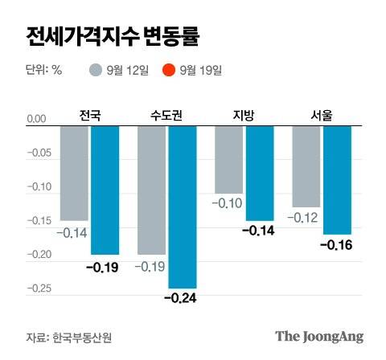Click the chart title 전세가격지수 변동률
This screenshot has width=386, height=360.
coord(112,37)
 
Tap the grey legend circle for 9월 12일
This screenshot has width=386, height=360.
coord(96,70)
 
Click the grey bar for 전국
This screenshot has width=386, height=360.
coord(74,173)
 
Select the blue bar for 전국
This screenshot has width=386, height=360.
coord(105,190)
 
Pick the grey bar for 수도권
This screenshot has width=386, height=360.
coord(151,190)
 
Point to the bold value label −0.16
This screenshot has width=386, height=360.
coord(337,244)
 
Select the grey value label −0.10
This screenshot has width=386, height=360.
coord(227,203)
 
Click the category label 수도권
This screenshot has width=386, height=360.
coord(166,115)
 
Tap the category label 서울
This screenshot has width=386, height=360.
coord(321,115)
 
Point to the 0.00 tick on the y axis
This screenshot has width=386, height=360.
coord(37,120)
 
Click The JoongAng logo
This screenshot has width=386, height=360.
coord(319,336)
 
